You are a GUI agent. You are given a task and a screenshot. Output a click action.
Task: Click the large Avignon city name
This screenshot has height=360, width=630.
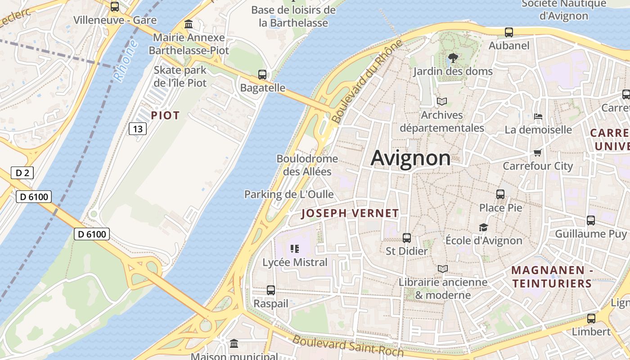[x=410, y=158]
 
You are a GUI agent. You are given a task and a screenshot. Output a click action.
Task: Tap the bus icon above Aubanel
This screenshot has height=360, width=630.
[x=509, y=32]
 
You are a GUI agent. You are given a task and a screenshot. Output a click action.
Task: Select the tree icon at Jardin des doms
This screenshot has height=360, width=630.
[x=453, y=58]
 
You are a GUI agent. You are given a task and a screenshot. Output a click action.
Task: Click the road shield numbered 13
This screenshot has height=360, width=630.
[x=138, y=129]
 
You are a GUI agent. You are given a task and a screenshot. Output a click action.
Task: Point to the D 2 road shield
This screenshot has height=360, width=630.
[x=22, y=173]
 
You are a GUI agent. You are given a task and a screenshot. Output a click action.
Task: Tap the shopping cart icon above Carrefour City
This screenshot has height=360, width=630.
[x=537, y=153]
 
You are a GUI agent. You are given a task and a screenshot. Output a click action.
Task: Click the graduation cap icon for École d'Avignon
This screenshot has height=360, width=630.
[x=483, y=227]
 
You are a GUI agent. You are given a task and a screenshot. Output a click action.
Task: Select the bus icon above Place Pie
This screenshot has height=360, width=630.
[x=500, y=194]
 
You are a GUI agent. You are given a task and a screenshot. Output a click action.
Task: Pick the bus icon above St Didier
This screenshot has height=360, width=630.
[x=407, y=238]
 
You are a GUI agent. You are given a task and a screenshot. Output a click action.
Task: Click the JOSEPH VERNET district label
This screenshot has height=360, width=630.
[x=350, y=213]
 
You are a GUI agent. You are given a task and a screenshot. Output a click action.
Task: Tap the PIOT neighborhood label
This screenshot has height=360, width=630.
[x=165, y=116]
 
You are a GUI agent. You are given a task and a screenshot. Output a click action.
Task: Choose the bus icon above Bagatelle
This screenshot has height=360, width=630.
[x=262, y=75]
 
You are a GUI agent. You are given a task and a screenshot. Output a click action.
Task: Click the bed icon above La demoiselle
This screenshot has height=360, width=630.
[x=538, y=117]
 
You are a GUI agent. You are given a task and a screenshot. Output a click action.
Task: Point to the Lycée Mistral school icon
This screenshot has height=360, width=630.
[x=295, y=249]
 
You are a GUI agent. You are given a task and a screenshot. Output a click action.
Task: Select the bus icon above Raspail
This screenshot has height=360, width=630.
[x=271, y=290]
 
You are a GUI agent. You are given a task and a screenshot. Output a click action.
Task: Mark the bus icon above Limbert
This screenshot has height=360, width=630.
[x=591, y=319]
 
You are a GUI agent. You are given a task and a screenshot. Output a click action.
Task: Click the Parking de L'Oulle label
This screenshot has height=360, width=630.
[x=289, y=194]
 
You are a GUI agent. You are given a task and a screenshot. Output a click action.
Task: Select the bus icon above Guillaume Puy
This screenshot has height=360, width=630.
[x=591, y=220]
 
